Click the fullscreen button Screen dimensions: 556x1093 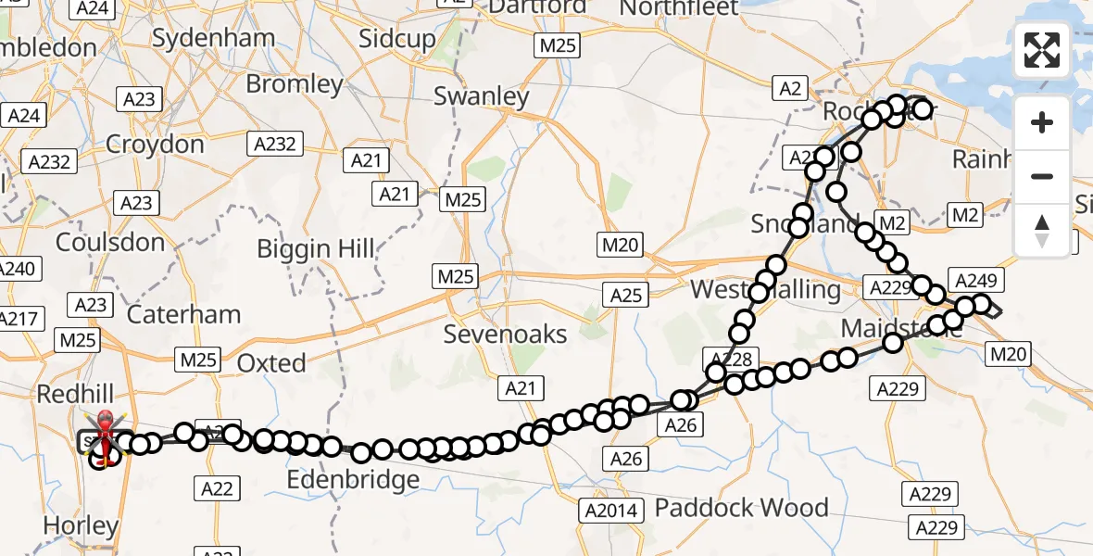pyautogui.click(x=1042, y=51)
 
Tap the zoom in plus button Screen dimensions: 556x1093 pyautogui.click(x=1042, y=122)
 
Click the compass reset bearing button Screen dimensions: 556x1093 pyautogui.click(x=1042, y=230)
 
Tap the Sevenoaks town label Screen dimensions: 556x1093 pyautogui.click(x=505, y=334)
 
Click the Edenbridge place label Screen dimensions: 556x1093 pyautogui.click(x=353, y=480)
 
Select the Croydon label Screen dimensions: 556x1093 pyautogui.click(x=155, y=145)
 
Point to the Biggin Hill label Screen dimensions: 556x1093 pyautogui.click(x=316, y=248)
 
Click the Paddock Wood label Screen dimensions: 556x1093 pyautogui.click(x=741, y=508)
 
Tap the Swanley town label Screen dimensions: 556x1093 pyautogui.click(x=482, y=96)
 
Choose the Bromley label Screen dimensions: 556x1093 pyautogui.click(x=295, y=84)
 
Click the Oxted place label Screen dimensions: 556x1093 pyautogui.click(x=271, y=363)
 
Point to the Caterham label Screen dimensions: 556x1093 pyautogui.click(x=183, y=314)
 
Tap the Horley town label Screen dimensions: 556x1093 pyautogui.click(x=82, y=526)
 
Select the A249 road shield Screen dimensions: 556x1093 pyautogui.click(x=973, y=281)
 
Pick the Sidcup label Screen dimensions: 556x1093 pyautogui.click(x=396, y=39)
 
